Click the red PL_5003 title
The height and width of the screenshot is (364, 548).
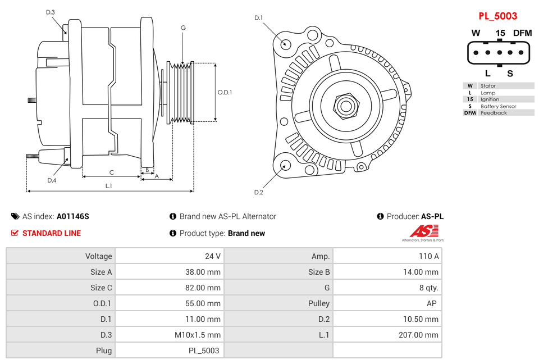pos(497,16)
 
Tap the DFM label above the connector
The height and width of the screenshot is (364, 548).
pos(522,33)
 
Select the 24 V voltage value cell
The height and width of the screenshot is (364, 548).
pos(212,256)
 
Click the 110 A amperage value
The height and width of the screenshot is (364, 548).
pos(429,256)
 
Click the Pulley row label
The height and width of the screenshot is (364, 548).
pos(318,303)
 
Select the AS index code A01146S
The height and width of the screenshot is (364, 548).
pos(72,216)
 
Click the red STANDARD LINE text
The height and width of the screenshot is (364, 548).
pos(51,233)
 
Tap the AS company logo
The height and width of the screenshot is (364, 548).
pos(423,232)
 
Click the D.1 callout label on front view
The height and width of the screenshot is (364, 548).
pos(258,18)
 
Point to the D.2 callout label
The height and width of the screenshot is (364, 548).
pos(258,193)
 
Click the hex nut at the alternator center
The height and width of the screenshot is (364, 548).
pos(346,105)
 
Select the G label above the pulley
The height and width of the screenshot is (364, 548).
pos(183,28)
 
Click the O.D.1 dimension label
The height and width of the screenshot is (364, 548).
pos(225,93)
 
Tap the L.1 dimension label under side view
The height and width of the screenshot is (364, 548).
pos(108,185)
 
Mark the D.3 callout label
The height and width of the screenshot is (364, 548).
pos(51,12)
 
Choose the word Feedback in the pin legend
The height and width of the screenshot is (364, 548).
pos(494,113)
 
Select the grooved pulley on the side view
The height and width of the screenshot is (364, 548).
pos(181,92)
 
